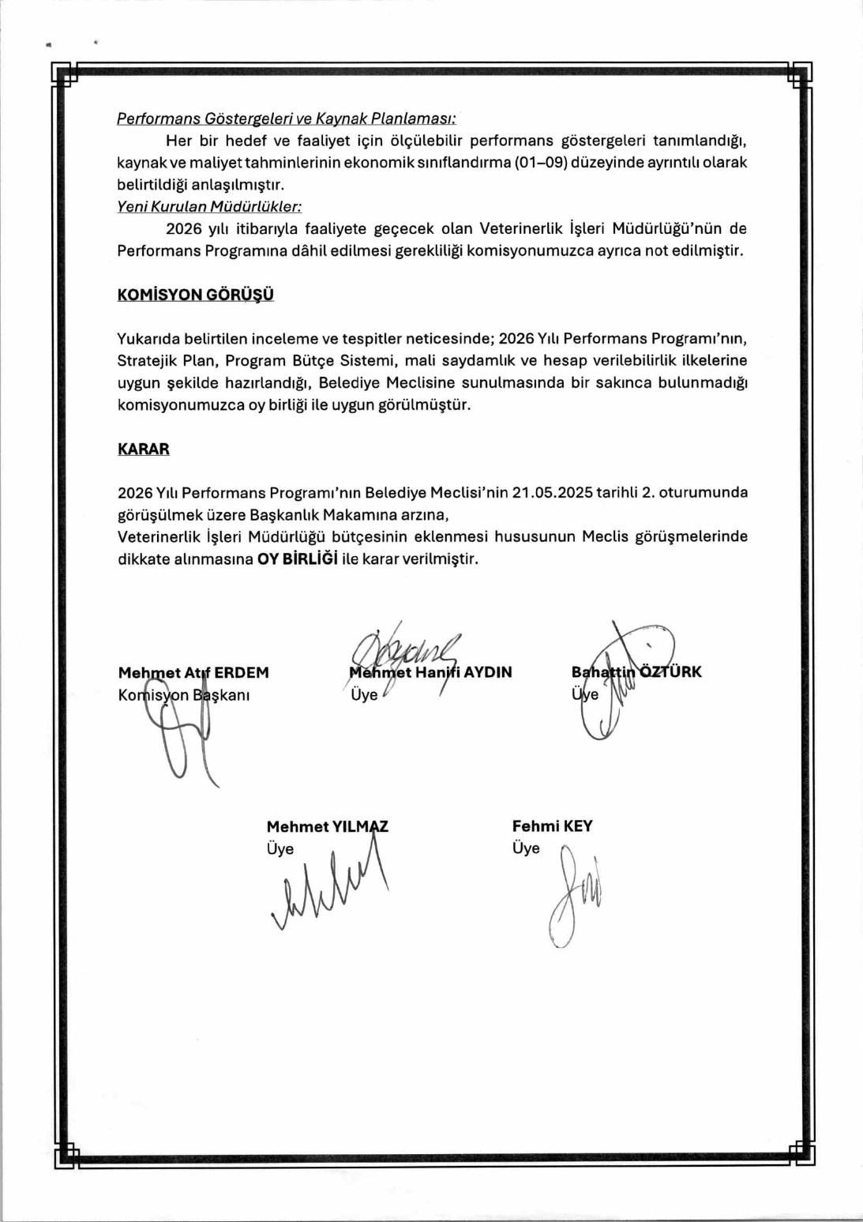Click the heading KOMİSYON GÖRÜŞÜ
pos(196,295)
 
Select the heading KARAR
pos(144,449)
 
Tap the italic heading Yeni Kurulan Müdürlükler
pos(209,207)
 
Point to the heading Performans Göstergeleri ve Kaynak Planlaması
pos(287,118)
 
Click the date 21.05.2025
pos(553,492)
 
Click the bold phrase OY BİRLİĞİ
pos(298,558)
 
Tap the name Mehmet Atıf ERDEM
pos(193,673)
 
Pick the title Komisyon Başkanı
pos(184,695)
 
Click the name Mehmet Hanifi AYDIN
pos(431,672)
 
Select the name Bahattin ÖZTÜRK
pos(636,672)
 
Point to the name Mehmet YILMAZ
pos(327,826)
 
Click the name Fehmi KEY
pos(552,826)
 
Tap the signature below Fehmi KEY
pos(574,897)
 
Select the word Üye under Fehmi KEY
pos(526,848)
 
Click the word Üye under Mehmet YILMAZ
pos(280,849)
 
